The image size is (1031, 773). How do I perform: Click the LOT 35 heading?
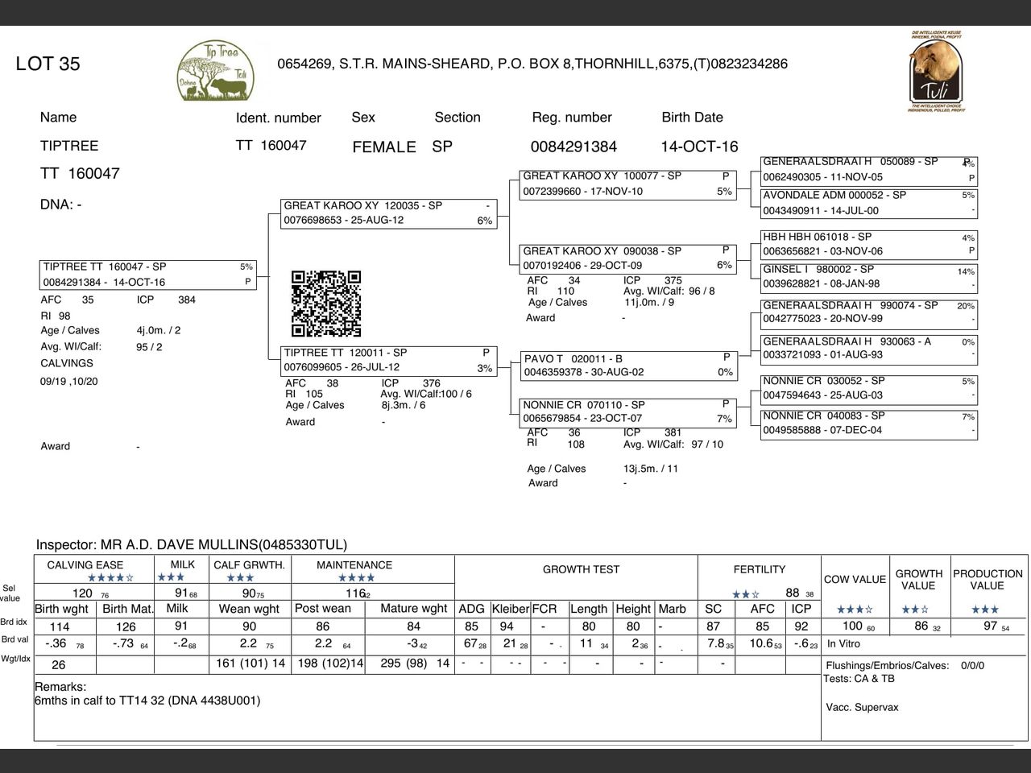point(48,64)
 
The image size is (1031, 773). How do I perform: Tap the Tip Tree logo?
point(215,72)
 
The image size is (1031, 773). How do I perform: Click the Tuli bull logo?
point(935,72)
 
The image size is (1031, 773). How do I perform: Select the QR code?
point(326,304)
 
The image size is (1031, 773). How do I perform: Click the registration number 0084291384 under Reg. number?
point(573,147)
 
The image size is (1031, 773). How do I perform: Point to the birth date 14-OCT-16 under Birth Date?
point(699,147)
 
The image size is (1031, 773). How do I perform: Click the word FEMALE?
point(384,147)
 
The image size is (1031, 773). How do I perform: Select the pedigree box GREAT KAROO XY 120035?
point(388,213)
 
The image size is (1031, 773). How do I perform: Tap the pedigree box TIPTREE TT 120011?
point(388,360)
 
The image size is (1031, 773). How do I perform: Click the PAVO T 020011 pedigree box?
point(628,366)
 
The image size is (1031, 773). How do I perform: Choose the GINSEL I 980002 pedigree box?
point(869,276)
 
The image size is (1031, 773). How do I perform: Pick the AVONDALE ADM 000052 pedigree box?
point(869,203)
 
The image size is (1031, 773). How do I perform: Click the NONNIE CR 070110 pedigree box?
point(628,412)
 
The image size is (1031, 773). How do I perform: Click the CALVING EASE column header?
point(85,565)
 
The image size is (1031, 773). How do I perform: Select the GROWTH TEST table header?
point(581,569)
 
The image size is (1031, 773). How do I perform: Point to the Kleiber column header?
point(510,609)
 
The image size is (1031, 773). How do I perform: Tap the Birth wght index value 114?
point(60,626)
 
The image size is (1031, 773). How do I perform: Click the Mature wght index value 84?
point(413,626)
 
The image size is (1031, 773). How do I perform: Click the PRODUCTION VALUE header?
point(988,580)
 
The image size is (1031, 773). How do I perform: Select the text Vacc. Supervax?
point(862,708)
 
